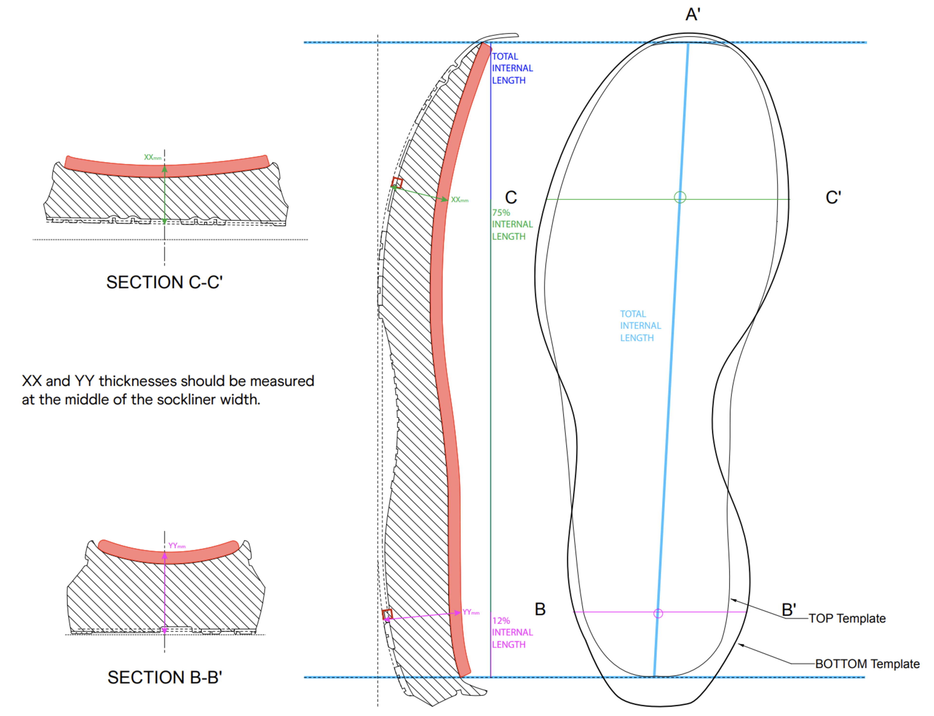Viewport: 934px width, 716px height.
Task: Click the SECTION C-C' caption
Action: [x=164, y=282]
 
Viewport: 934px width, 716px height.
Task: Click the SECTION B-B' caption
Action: [x=165, y=677]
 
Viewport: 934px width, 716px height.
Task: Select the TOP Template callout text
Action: [x=847, y=619]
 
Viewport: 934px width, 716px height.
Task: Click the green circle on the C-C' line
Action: [x=680, y=197]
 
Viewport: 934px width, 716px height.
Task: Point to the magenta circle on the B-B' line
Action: [x=658, y=613]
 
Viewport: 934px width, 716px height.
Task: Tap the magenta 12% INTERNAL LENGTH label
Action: [x=512, y=632]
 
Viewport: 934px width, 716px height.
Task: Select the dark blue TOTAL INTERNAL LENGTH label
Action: [x=512, y=68]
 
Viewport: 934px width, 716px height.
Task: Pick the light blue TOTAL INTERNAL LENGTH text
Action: [x=640, y=326]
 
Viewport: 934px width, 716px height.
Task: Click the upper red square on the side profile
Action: [x=397, y=182]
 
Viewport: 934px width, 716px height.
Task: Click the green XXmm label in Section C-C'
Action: [x=153, y=157]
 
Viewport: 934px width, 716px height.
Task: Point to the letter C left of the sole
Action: [x=511, y=197]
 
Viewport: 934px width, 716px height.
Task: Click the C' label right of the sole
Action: [x=833, y=197]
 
